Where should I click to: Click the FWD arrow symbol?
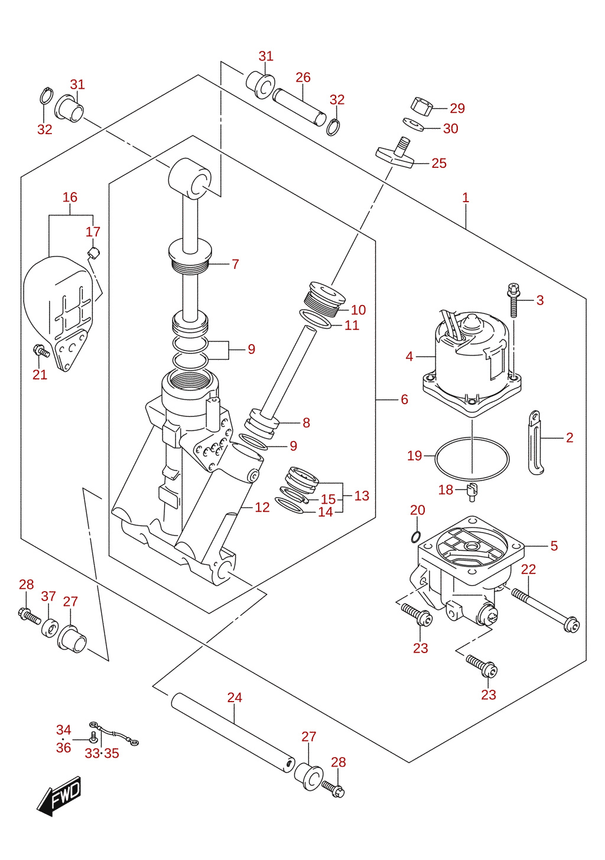pyautogui.click(x=58, y=796)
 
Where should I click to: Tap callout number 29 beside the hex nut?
pyautogui.click(x=457, y=108)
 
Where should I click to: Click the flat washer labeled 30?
pyautogui.click(x=413, y=124)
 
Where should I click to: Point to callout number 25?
pyautogui.click(x=439, y=163)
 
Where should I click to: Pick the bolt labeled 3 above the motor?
pyautogui.click(x=513, y=300)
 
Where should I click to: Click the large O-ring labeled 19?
pyautogui.click(x=472, y=459)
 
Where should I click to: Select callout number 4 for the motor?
pyautogui.click(x=409, y=356)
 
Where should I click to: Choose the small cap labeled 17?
pyautogui.click(x=94, y=253)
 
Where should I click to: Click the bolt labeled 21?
pyautogui.click(x=41, y=351)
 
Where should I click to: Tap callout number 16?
pyautogui.click(x=70, y=197)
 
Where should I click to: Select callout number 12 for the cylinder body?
pyautogui.click(x=262, y=508)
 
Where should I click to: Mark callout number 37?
pyautogui.click(x=48, y=596)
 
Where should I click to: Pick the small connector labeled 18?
pyautogui.click(x=471, y=491)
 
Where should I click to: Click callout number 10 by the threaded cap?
pyautogui.click(x=358, y=310)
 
